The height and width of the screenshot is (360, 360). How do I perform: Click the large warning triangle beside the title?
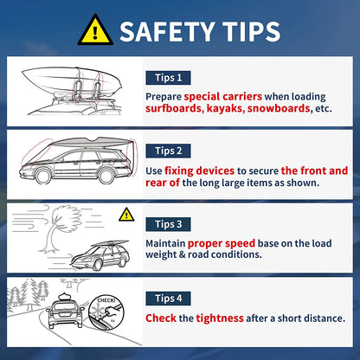tap(95, 31)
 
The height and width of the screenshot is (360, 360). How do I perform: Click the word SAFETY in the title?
tap(167, 31)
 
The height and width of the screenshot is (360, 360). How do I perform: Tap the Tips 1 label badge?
tap(168, 78)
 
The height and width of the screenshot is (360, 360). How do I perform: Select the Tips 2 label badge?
tap(168, 151)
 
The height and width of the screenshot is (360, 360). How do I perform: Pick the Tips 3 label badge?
tap(168, 224)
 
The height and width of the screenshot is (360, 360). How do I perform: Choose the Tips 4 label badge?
tap(168, 299)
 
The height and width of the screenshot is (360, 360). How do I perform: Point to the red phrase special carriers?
tap(223, 96)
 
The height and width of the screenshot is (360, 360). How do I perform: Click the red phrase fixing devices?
tap(199, 170)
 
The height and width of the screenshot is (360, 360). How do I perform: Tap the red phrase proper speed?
tap(222, 243)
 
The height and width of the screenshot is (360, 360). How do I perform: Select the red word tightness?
tap(220, 318)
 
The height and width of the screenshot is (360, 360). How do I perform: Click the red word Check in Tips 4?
tap(161, 318)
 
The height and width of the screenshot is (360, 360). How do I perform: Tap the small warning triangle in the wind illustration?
tap(126, 215)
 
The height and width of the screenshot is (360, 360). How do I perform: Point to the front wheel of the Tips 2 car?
tap(43, 176)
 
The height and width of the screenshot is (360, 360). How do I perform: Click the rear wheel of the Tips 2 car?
tap(106, 176)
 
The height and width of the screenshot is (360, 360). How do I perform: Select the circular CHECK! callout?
tap(106, 312)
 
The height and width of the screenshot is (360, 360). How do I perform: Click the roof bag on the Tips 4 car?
tap(65, 297)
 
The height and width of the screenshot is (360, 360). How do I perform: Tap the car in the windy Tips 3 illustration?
tap(100, 255)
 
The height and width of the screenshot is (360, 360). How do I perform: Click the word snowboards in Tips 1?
tap(279, 108)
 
